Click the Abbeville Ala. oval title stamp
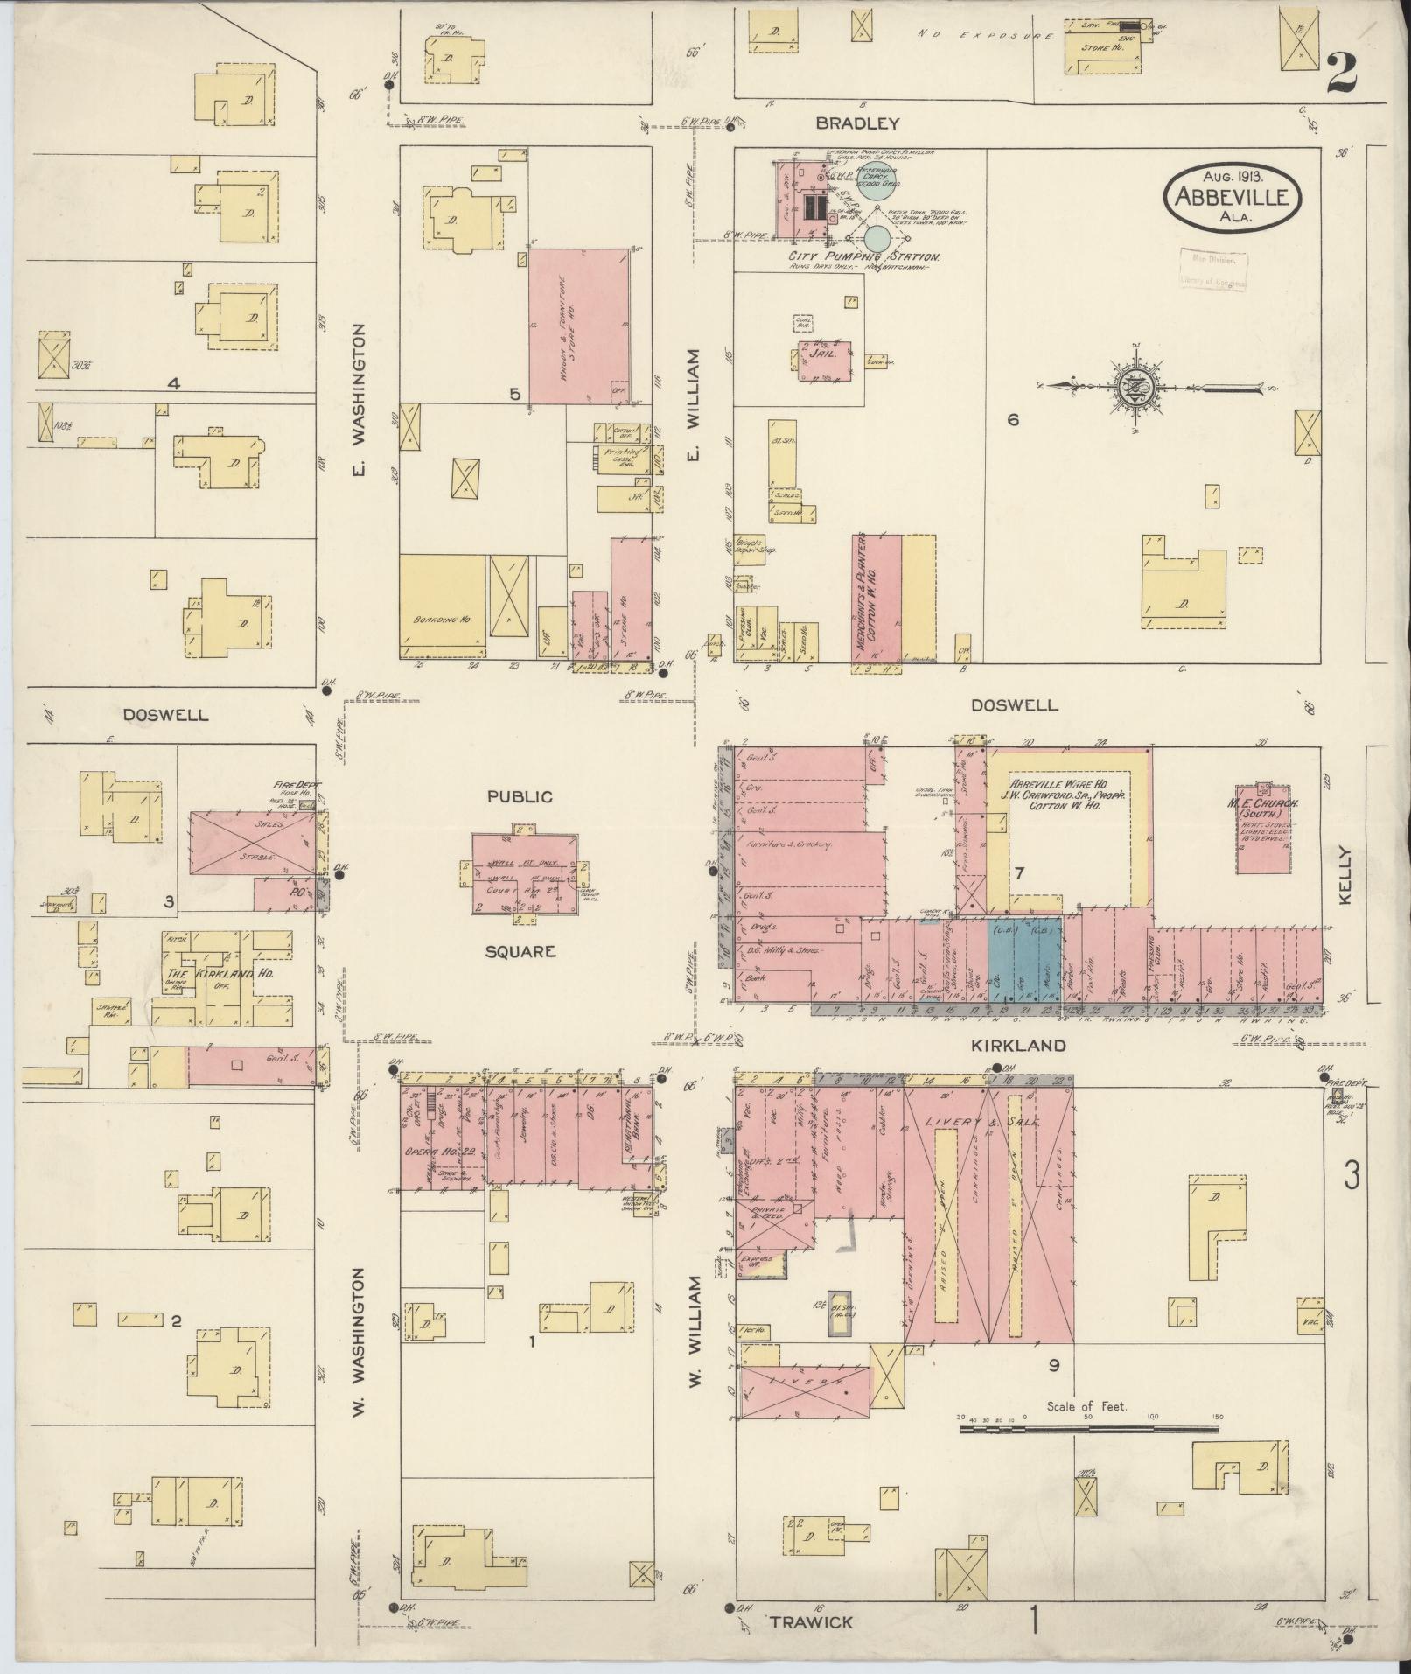click(1231, 197)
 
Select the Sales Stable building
click(253, 842)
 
